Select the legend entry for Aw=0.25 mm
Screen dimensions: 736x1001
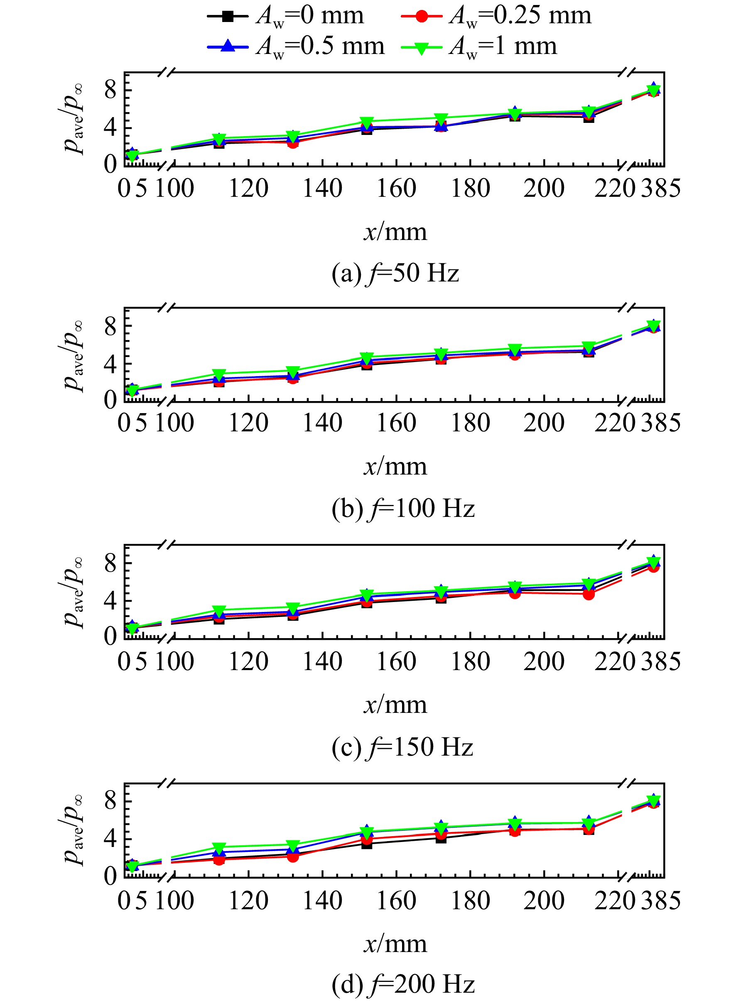496,17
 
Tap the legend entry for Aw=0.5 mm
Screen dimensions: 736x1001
296,47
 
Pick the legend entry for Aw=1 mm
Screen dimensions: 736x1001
479,47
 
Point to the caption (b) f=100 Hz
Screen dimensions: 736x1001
403,508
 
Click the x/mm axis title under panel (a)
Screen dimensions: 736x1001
395,232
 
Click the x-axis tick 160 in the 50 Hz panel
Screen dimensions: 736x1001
396,188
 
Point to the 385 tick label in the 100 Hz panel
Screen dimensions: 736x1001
661,423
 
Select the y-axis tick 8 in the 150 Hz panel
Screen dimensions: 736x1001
110,563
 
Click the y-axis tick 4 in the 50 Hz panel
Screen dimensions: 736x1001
110,128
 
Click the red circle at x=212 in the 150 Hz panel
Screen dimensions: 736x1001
589,594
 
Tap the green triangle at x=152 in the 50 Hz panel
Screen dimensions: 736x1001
367,122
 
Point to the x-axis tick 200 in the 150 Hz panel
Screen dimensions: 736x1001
544,661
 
